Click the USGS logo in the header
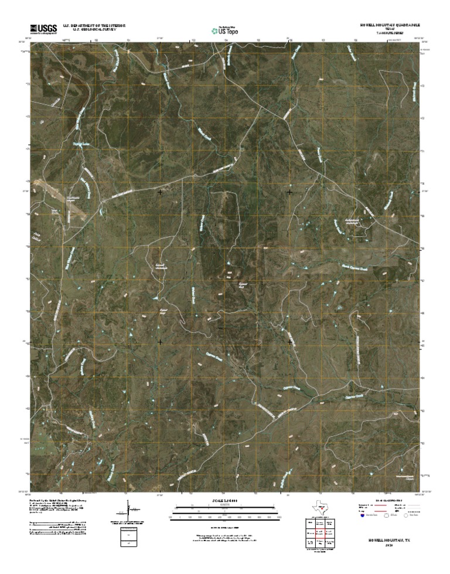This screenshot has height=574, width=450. [x=39, y=28]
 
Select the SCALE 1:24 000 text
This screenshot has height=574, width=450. [x=224, y=500]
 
